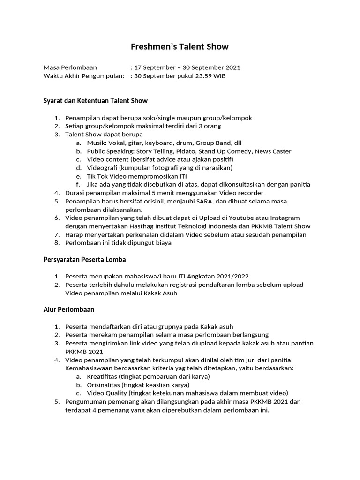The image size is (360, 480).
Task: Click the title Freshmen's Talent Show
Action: coord(180,47)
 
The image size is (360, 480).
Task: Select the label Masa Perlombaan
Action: coord(70,67)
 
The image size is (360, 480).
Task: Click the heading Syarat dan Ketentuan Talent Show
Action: coord(96,101)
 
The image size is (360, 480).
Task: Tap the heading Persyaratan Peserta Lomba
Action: coord(85,259)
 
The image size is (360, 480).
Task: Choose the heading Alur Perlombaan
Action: coord(69,309)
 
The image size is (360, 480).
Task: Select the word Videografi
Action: coord(102,168)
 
